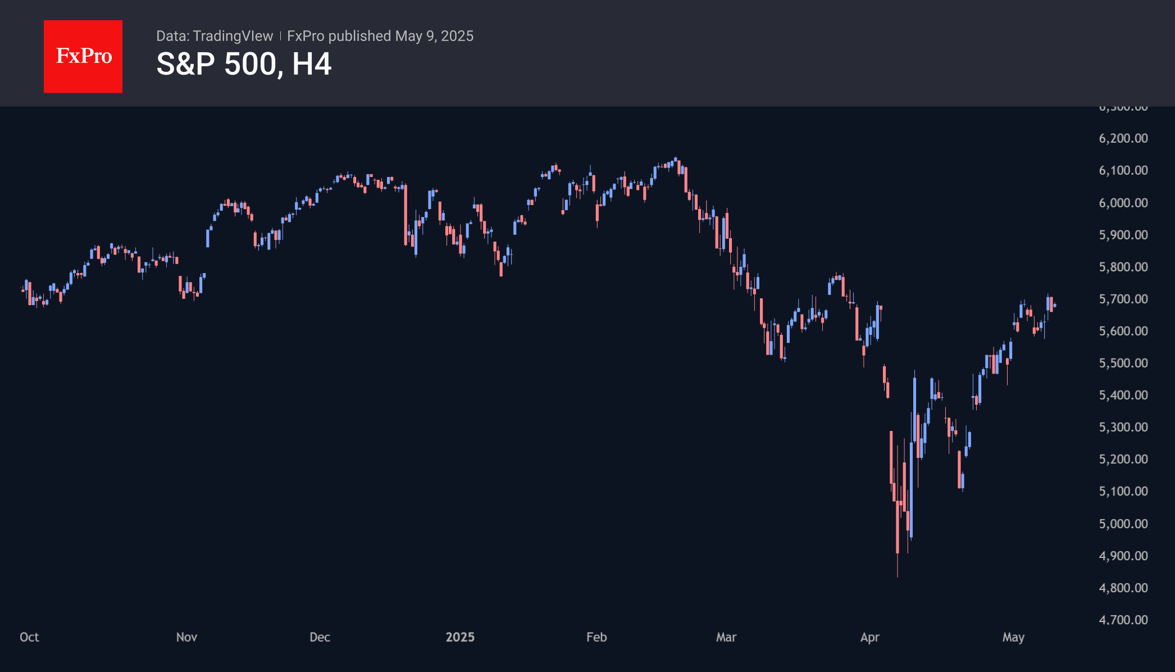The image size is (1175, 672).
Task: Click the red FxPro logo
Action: tap(83, 56)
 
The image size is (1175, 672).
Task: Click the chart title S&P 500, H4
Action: tap(244, 64)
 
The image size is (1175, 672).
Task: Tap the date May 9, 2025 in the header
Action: tap(434, 36)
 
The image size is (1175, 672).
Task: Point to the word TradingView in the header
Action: tap(233, 36)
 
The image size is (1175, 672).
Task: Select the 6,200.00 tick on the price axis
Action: tap(1123, 138)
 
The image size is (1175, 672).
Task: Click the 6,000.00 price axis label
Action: tap(1123, 203)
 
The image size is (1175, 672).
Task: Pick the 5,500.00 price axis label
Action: tap(1123, 363)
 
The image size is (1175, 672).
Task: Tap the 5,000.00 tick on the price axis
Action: tap(1123, 524)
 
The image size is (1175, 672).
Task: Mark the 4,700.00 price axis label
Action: tap(1123, 620)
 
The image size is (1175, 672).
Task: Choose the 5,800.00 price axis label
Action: tap(1123, 267)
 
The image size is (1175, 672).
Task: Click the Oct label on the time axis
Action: tap(29, 637)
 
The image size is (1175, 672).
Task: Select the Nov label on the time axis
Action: tap(186, 637)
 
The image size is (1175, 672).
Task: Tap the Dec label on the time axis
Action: tap(320, 637)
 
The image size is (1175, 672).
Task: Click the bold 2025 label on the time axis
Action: tap(460, 637)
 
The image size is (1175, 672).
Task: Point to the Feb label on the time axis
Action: tap(596, 637)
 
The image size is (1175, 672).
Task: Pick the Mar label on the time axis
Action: tap(726, 637)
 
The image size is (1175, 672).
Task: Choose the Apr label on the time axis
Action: tap(869, 637)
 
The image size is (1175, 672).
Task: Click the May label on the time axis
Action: tap(1013, 637)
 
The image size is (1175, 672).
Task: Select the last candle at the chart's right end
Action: tap(1055, 306)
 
